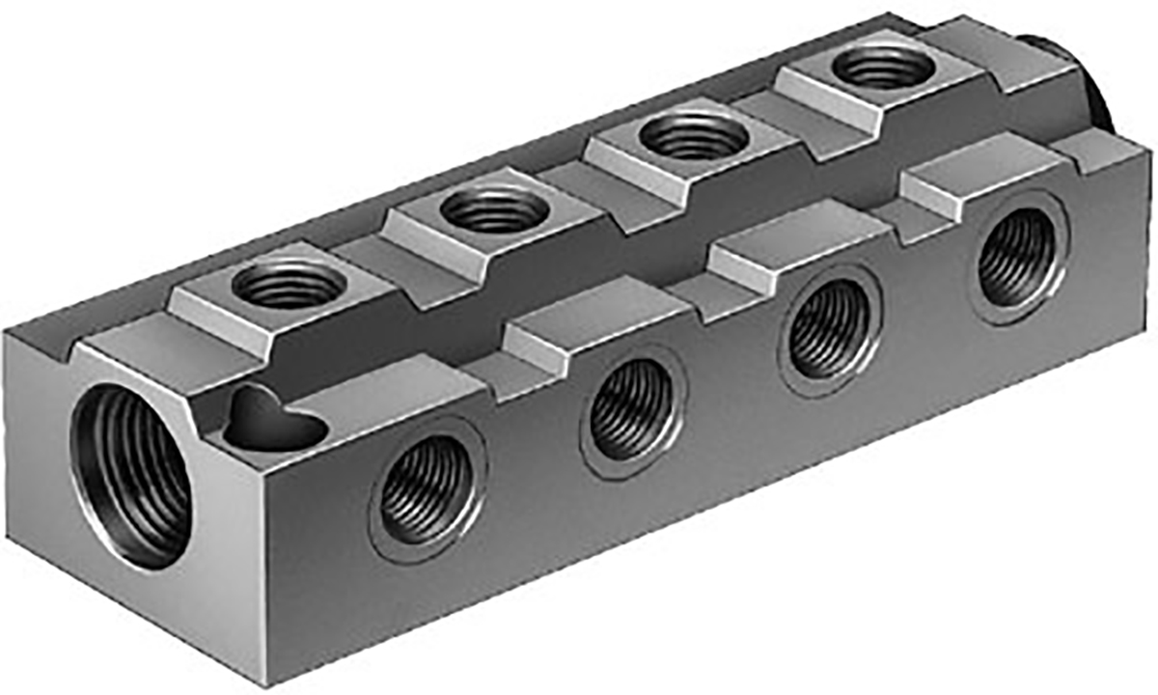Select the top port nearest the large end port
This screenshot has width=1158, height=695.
(289, 285)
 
